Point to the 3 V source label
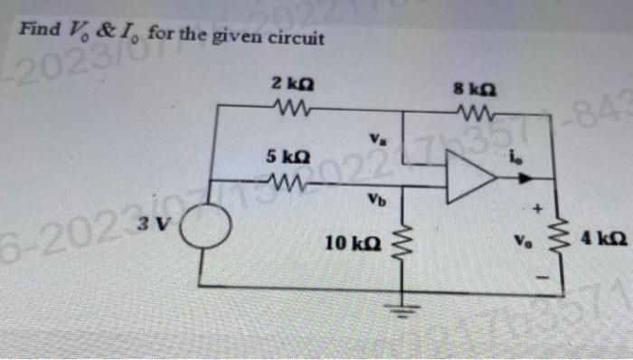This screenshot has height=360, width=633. (x=151, y=217)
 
